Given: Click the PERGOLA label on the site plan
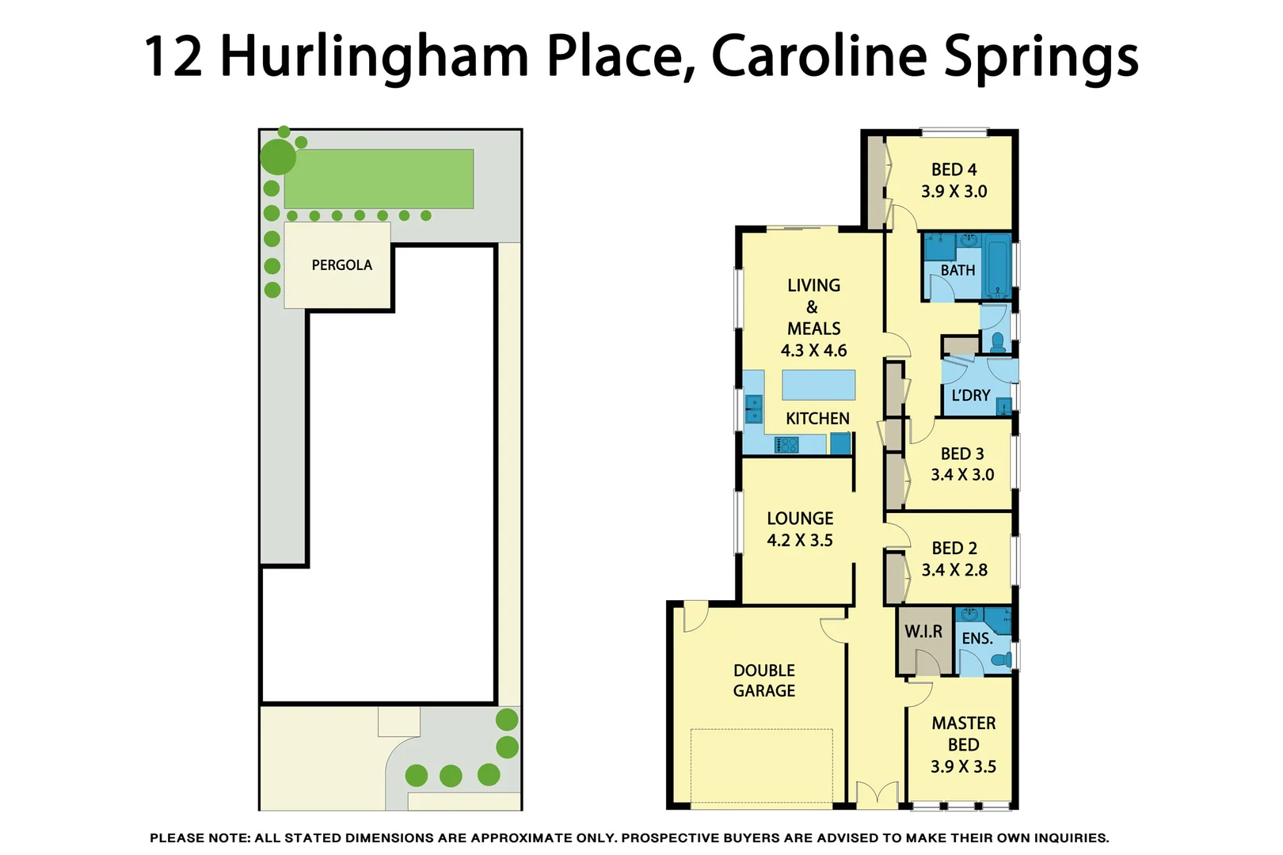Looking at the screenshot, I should pos(341,265).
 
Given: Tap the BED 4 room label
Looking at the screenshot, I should pos(954,169).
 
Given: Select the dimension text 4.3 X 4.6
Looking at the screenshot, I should pos(813,350).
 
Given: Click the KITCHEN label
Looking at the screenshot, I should pos(817,418).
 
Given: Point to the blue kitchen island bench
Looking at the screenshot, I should pos(818,385).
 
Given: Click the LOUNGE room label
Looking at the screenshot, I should pos(800,519).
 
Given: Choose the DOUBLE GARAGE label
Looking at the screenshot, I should pos(763,681).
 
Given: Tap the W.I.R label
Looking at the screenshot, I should pos(923,632).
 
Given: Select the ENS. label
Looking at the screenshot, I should pos(977,638).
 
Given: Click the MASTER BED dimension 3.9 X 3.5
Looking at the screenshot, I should pos(963,766).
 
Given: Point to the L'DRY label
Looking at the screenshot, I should pos(970,395).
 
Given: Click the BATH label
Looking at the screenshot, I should pos(957,270).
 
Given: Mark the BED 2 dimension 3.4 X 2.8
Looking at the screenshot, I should pos(954,570).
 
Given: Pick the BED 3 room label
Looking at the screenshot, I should pos(961,454).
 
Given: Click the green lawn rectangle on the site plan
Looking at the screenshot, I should pos(379,179).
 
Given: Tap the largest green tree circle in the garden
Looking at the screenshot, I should pos(278,157).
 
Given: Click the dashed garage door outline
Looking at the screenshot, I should pos(761,766).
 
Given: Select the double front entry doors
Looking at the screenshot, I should pos(878,794).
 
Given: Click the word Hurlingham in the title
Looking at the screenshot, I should pos(374,57).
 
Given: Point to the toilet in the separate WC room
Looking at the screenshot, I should pos(998,343).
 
